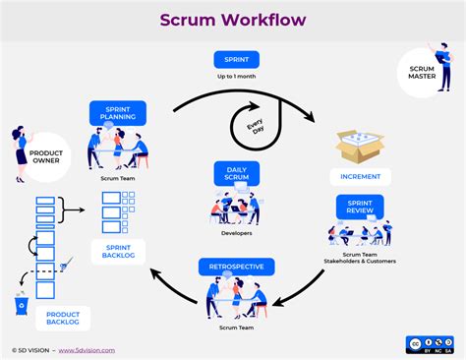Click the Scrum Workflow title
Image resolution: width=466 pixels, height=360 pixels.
click(x=233, y=20)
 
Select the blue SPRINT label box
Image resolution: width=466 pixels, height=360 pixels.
click(x=236, y=59)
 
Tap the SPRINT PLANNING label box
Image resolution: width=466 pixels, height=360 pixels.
click(x=118, y=112)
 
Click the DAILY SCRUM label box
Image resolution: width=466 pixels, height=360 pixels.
click(x=236, y=173)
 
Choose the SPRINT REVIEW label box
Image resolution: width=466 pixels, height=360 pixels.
click(x=360, y=207)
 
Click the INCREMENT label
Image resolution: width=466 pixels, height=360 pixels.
click(x=360, y=177)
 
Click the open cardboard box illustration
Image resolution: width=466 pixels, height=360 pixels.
click(x=360, y=146)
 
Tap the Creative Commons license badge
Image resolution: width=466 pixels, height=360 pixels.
click(x=429, y=343)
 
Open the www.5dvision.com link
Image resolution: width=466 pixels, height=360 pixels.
click(x=87, y=349)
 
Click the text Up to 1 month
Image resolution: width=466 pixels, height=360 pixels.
click(x=236, y=77)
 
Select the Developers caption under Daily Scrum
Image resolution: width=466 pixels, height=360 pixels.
click(x=235, y=234)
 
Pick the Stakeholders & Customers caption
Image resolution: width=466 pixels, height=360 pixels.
click(x=360, y=261)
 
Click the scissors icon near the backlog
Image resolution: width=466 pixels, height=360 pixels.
click(x=65, y=264)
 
